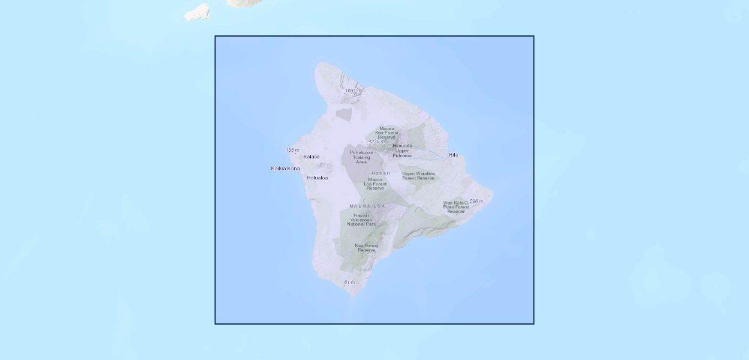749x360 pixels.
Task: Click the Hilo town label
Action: (x=453, y=155)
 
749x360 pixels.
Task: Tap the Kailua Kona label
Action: (x=285, y=169)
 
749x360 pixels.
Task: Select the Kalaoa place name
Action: (x=311, y=157)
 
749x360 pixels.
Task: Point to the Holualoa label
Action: (x=317, y=178)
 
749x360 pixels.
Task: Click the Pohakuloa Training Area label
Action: (x=361, y=157)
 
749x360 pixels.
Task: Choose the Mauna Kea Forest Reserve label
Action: (x=387, y=133)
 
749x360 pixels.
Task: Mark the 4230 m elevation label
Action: (x=377, y=142)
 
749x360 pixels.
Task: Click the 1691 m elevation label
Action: (x=353, y=91)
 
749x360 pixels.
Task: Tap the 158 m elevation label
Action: (x=292, y=150)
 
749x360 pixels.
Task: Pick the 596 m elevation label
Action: (x=476, y=202)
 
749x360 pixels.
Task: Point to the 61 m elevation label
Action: (x=349, y=282)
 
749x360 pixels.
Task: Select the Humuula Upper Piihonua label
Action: (x=402, y=151)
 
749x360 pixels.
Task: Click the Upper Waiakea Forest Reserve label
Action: (x=418, y=176)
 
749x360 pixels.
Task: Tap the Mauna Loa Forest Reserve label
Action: (x=376, y=184)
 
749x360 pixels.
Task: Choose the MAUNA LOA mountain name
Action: (x=367, y=206)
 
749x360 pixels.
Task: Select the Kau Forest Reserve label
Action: (x=367, y=248)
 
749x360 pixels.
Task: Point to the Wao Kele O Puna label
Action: (x=456, y=207)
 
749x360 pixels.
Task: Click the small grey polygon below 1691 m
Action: (x=343, y=113)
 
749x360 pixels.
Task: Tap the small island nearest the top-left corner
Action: (x=197, y=12)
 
